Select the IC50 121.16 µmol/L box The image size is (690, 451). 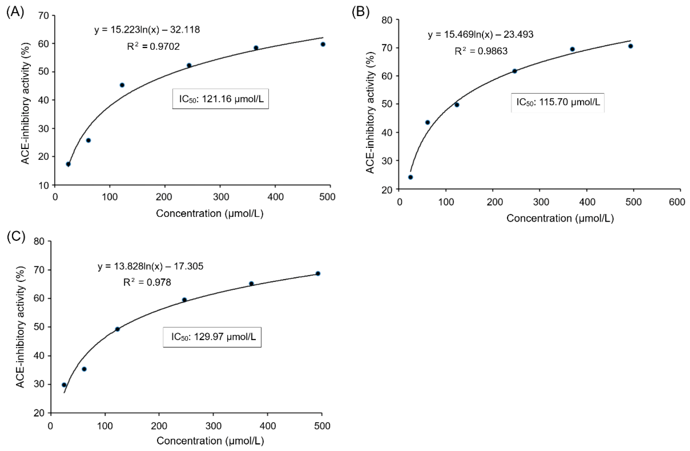pos(221,99)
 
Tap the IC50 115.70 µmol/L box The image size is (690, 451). pos(558,103)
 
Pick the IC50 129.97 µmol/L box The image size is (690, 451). pos(212,337)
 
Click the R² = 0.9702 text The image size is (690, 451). pos(153,46)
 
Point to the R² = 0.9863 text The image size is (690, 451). pos(481,51)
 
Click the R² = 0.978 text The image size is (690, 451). pos(147,282)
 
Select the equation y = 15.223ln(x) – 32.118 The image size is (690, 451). pos(147,30)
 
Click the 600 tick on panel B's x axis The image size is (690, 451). pos(677,202)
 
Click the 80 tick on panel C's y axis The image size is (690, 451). pos(40,241)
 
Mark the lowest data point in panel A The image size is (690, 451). pos(68,164)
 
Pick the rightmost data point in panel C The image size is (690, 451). pos(318,273)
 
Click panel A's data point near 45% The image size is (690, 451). pos(122,85)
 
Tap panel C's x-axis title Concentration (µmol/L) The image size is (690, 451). pos(210,441)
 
